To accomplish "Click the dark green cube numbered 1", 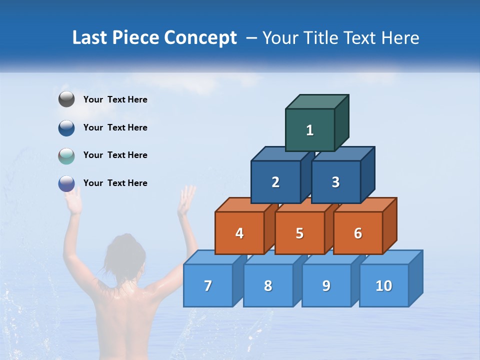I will (x=309, y=130).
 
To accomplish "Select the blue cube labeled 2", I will (x=275, y=182).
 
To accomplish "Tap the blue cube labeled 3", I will (x=335, y=182).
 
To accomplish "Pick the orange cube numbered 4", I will (x=239, y=233).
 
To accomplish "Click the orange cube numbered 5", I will (x=299, y=233).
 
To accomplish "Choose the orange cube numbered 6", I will (x=357, y=233).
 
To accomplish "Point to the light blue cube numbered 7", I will (x=208, y=285).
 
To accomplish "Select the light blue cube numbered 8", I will (x=268, y=285).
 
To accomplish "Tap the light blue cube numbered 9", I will (x=326, y=285).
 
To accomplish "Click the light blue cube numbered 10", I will (x=383, y=285).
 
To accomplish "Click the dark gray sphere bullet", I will (x=66, y=99).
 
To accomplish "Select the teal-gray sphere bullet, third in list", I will (x=66, y=155).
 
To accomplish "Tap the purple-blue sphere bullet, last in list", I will (x=66, y=183).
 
